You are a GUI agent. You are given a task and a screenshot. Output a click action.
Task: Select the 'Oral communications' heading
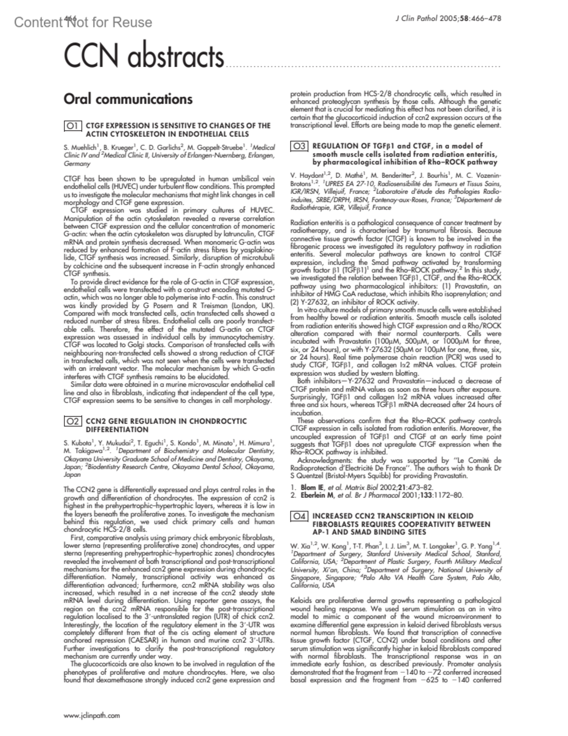pyautogui.click(x=128, y=99)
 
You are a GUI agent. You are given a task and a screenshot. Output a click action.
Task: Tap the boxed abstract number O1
pyautogui.click(x=73, y=126)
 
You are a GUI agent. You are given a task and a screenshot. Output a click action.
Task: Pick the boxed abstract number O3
pyautogui.click(x=300, y=146)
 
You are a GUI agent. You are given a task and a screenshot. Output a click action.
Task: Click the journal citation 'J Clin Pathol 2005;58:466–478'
pyautogui.click(x=447, y=18)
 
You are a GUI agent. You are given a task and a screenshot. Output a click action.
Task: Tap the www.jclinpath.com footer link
pyautogui.click(x=91, y=716)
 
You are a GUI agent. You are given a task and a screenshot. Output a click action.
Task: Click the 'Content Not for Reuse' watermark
pyautogui.click(x=83, y=22)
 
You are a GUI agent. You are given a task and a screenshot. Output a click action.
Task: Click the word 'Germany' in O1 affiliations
pyautogui.click(x=77, y=164)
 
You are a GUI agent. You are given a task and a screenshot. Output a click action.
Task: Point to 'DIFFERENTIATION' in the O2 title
pyautogui.click(x=117, y=429)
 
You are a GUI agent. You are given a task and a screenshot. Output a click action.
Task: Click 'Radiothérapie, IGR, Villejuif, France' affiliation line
pyautogui.click(x=340, y=208)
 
